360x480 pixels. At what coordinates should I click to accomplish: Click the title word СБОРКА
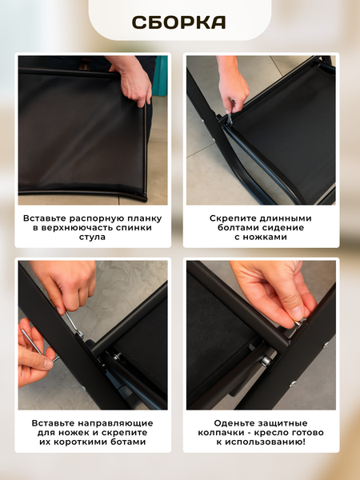(x=178, y=22)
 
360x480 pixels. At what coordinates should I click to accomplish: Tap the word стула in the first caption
(x=93, y=238)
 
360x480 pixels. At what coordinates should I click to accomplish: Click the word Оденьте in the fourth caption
(x=234, y=423)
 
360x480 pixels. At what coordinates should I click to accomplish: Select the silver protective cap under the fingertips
(x=298, y=323)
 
